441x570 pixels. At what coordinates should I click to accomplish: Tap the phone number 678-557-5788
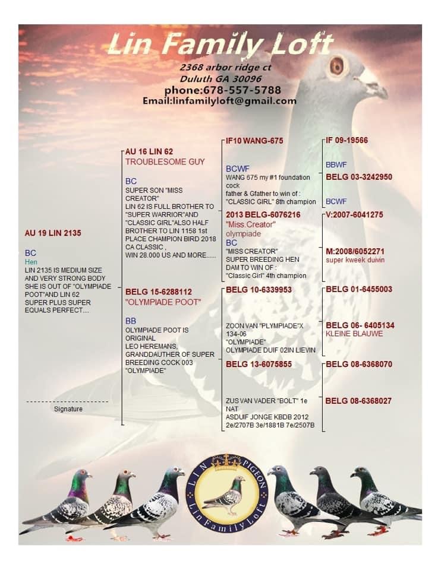click(223, 90)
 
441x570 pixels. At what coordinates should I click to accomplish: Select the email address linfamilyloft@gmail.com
click(219, 101)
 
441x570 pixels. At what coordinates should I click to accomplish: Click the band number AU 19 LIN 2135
click(53, 233)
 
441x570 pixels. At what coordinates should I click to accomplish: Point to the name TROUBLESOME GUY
click(165, 161)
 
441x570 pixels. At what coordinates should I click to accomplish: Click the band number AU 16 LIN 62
click(149, 152)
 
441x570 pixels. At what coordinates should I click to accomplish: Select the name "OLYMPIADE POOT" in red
click(163, 302)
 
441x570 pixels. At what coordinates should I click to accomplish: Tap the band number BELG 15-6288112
click(159, 292)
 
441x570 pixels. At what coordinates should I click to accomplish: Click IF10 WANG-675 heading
click(254, 141)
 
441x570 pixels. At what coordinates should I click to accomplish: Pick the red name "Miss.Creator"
click(250, 224)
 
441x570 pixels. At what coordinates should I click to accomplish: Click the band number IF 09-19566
click(346, 141)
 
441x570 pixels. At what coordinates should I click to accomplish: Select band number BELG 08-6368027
click(358, 401)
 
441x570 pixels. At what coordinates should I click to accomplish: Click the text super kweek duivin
click(355, 259)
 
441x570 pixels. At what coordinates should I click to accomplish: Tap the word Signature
click(68, 409)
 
